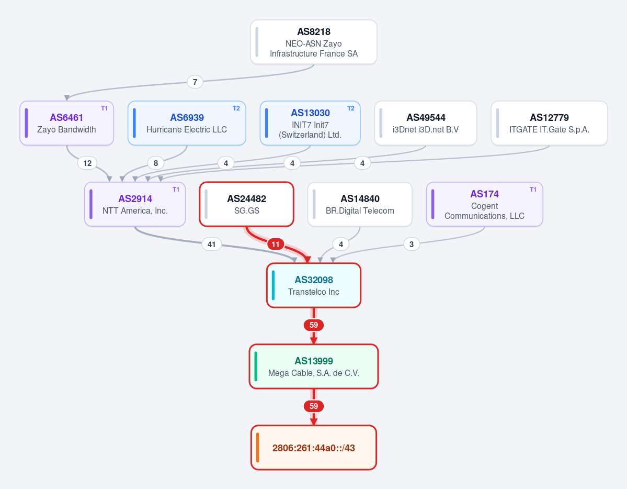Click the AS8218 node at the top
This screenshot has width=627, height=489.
(314, 42)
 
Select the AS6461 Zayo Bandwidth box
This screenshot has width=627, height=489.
(67, 123)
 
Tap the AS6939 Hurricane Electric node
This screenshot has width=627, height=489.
(187, 123)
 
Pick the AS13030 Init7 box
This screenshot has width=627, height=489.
(310, 123)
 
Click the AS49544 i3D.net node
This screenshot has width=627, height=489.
(426, 123)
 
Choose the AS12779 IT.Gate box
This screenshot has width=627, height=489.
(549, 123)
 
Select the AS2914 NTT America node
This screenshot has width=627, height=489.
(135, 204)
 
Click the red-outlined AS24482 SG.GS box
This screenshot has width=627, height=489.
(247, 204)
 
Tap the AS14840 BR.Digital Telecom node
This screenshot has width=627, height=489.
(360, 204)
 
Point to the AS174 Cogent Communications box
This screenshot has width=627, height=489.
(485, 204)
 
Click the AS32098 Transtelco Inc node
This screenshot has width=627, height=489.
(314, 285)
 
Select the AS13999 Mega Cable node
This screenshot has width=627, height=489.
(314, 366)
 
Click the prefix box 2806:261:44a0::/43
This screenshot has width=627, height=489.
(314, 447)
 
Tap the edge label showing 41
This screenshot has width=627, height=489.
(212, 244)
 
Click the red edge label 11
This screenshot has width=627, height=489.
(276, 244)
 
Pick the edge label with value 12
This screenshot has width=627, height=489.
(87, 163)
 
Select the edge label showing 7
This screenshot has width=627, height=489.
(195, 82)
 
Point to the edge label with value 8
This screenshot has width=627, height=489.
(156, 163)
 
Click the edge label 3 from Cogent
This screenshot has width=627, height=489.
(412, 244)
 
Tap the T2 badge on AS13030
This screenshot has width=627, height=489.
(351, 108)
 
